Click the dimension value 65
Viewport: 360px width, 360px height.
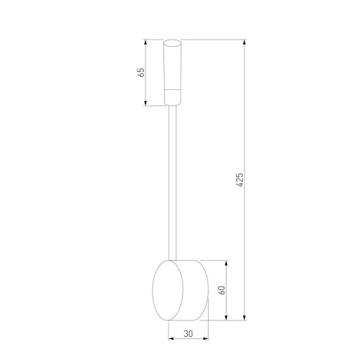[142, 72]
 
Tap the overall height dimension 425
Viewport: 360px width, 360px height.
[240, 179]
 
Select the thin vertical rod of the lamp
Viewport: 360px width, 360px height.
[173, 180]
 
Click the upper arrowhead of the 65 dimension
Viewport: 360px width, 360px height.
[146, 42]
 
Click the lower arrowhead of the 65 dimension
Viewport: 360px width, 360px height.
[146, 104]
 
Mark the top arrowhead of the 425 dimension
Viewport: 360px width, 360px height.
[246, 42]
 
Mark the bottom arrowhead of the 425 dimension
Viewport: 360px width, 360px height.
[246, 318]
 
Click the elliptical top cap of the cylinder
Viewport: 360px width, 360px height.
[173, 42]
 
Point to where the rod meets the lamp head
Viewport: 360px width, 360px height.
[173, 259]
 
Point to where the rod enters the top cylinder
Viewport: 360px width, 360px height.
[173, 106]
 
